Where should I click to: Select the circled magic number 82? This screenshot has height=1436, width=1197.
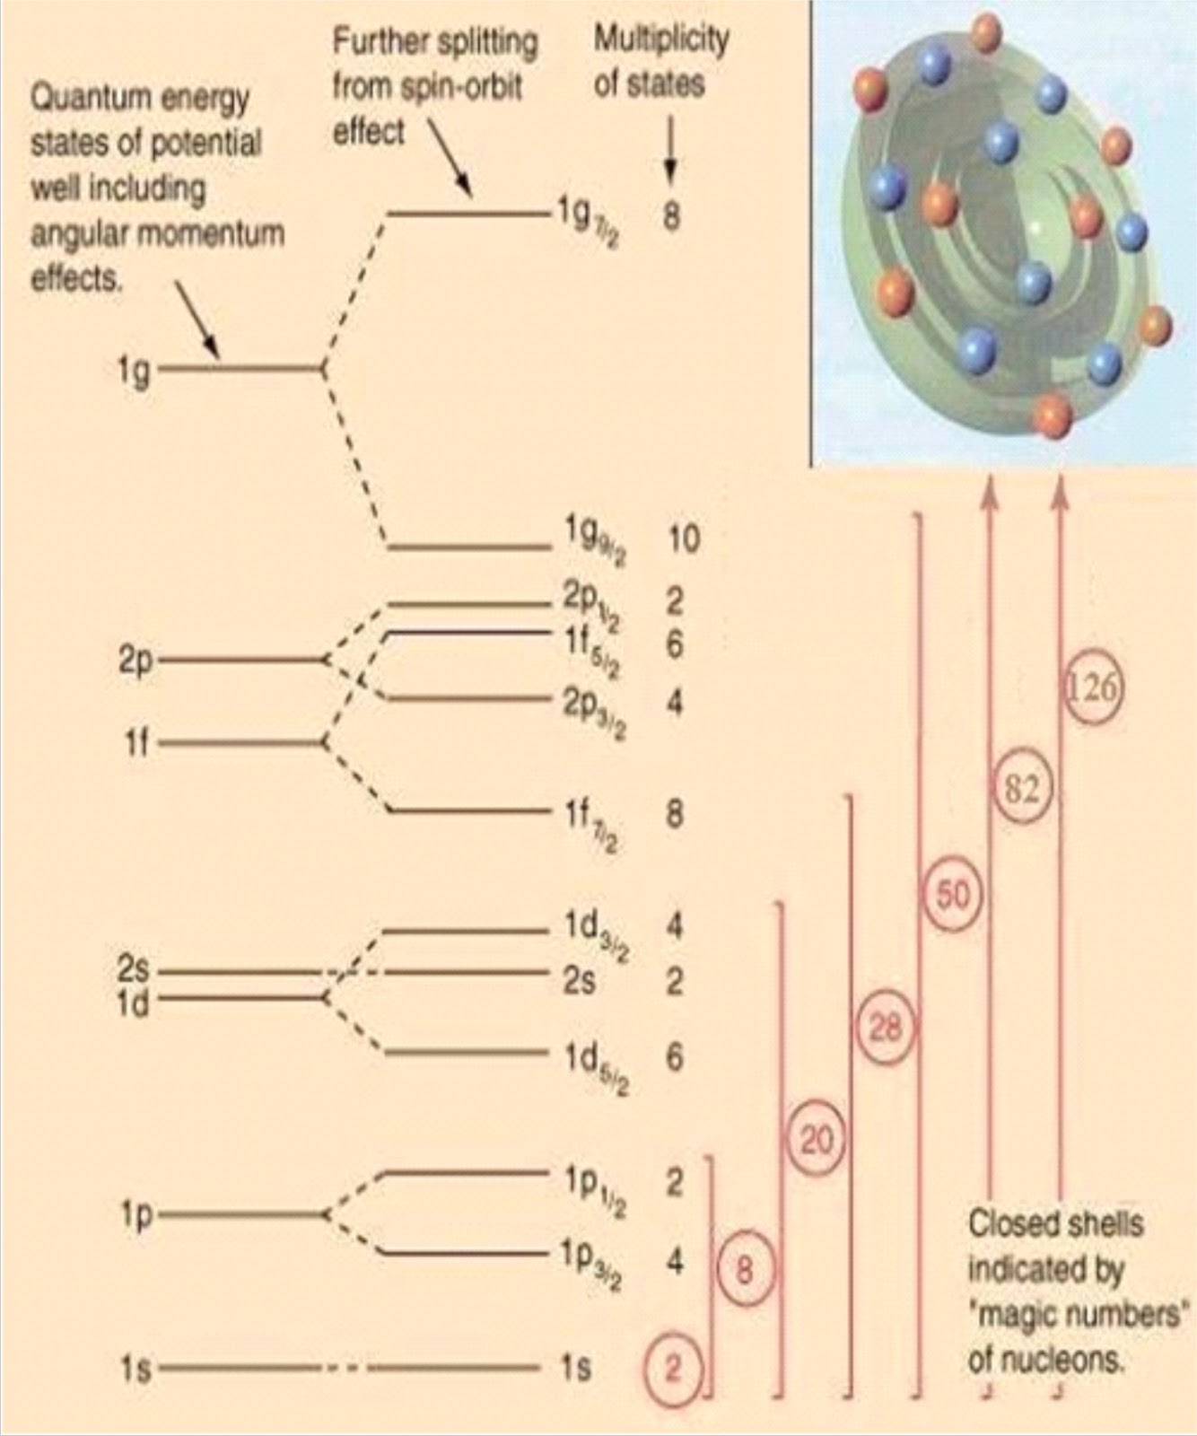[1022, 789]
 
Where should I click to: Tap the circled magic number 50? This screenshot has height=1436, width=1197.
[953, 895]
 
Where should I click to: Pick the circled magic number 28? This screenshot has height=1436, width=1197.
[886, 1026]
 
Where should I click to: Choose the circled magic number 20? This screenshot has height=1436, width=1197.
[816, 1141]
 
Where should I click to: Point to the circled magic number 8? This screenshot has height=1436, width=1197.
[745, 1270]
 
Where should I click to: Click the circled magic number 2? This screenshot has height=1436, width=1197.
[673, 1367]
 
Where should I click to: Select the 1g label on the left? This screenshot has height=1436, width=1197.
[135, 369]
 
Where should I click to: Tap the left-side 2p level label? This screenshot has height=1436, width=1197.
[135, 661]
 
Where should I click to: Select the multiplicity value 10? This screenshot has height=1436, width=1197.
[683, 538]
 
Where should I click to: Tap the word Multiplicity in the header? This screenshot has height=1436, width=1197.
[661, 39]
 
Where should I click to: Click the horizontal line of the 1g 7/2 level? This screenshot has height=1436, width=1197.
[467, 214]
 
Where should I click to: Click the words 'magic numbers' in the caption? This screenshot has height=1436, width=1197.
[1075, 1316]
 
